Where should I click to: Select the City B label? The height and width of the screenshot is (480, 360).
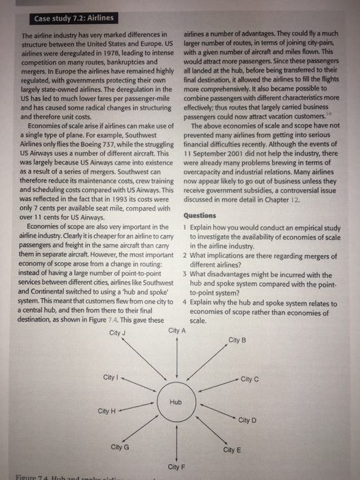[237, 340]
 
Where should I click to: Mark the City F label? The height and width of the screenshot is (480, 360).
[176, 466]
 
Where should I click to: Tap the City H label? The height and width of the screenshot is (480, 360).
[107, 411]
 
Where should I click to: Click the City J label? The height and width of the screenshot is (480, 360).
[119, 334]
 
